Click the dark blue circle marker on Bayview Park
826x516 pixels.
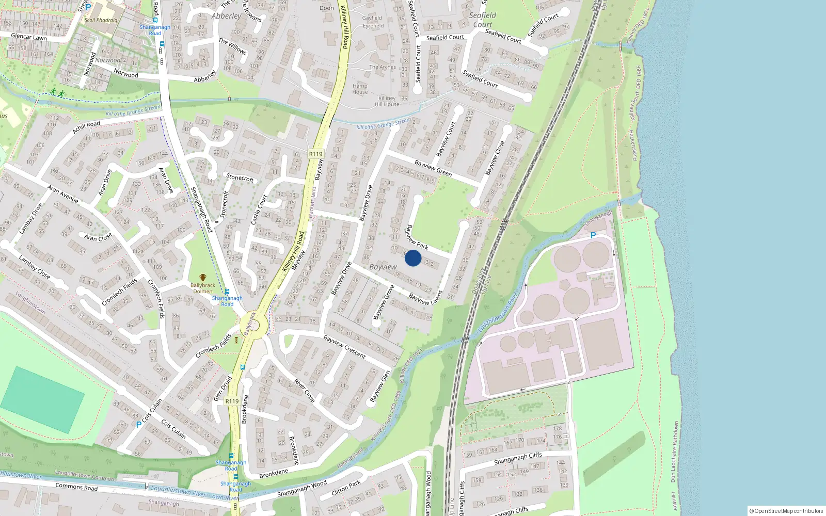tap(413, 258)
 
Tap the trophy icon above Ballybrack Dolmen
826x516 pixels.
tap(203, 278)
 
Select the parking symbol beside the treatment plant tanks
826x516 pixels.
tap(593, 235)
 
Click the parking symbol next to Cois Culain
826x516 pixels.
tap(138, 424)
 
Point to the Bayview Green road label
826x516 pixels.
tap(433, 168)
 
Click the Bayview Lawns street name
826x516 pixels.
tap(426, 298)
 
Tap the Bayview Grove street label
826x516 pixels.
tap(384, 302)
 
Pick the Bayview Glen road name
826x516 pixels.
tap(380, 386)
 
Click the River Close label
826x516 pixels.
tap(305, 391)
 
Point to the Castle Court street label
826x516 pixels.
tap(259, 209)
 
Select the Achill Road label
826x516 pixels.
tap(86, 127)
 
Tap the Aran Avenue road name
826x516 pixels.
tap(63, 194)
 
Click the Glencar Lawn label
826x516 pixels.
tap(29, 37)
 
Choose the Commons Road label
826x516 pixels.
tap(76, 487)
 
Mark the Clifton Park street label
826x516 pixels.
tap(346, 488)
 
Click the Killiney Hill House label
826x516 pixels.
tap(387, 101)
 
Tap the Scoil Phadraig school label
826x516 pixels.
tap(101, 20)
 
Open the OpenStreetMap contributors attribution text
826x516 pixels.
tap(786, 511)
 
